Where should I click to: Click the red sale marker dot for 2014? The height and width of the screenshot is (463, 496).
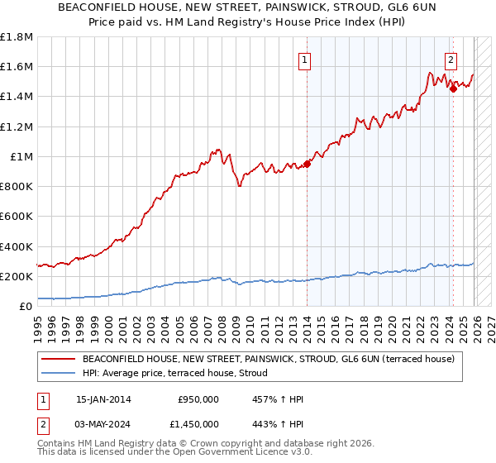[307, 164]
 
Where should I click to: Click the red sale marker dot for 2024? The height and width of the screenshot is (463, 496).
[453, 88]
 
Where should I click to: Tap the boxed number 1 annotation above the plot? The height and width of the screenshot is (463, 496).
[305, 60]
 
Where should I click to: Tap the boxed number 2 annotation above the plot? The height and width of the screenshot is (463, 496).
[451, 60]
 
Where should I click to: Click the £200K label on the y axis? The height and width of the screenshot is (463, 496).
[17, 276]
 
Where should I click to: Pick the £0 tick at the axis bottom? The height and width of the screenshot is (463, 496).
[26, 307]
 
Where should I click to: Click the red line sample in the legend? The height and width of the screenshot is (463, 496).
[59, 360]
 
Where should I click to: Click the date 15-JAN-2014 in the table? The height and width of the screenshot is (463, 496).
[103, 399]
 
